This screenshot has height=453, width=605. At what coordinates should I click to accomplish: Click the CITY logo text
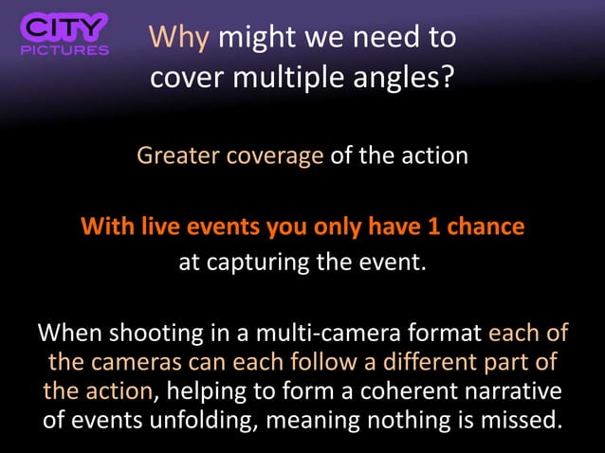(x=64, y=27)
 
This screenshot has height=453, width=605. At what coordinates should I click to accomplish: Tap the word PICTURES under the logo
(x=64, y=50)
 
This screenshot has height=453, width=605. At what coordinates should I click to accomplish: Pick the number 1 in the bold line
(x=441, y=227)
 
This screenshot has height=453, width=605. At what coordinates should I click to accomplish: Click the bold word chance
(x=489, y=227)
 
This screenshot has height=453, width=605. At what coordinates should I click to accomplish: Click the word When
(x=69, y=335)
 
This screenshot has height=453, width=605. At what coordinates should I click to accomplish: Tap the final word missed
(x=517, y=418)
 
